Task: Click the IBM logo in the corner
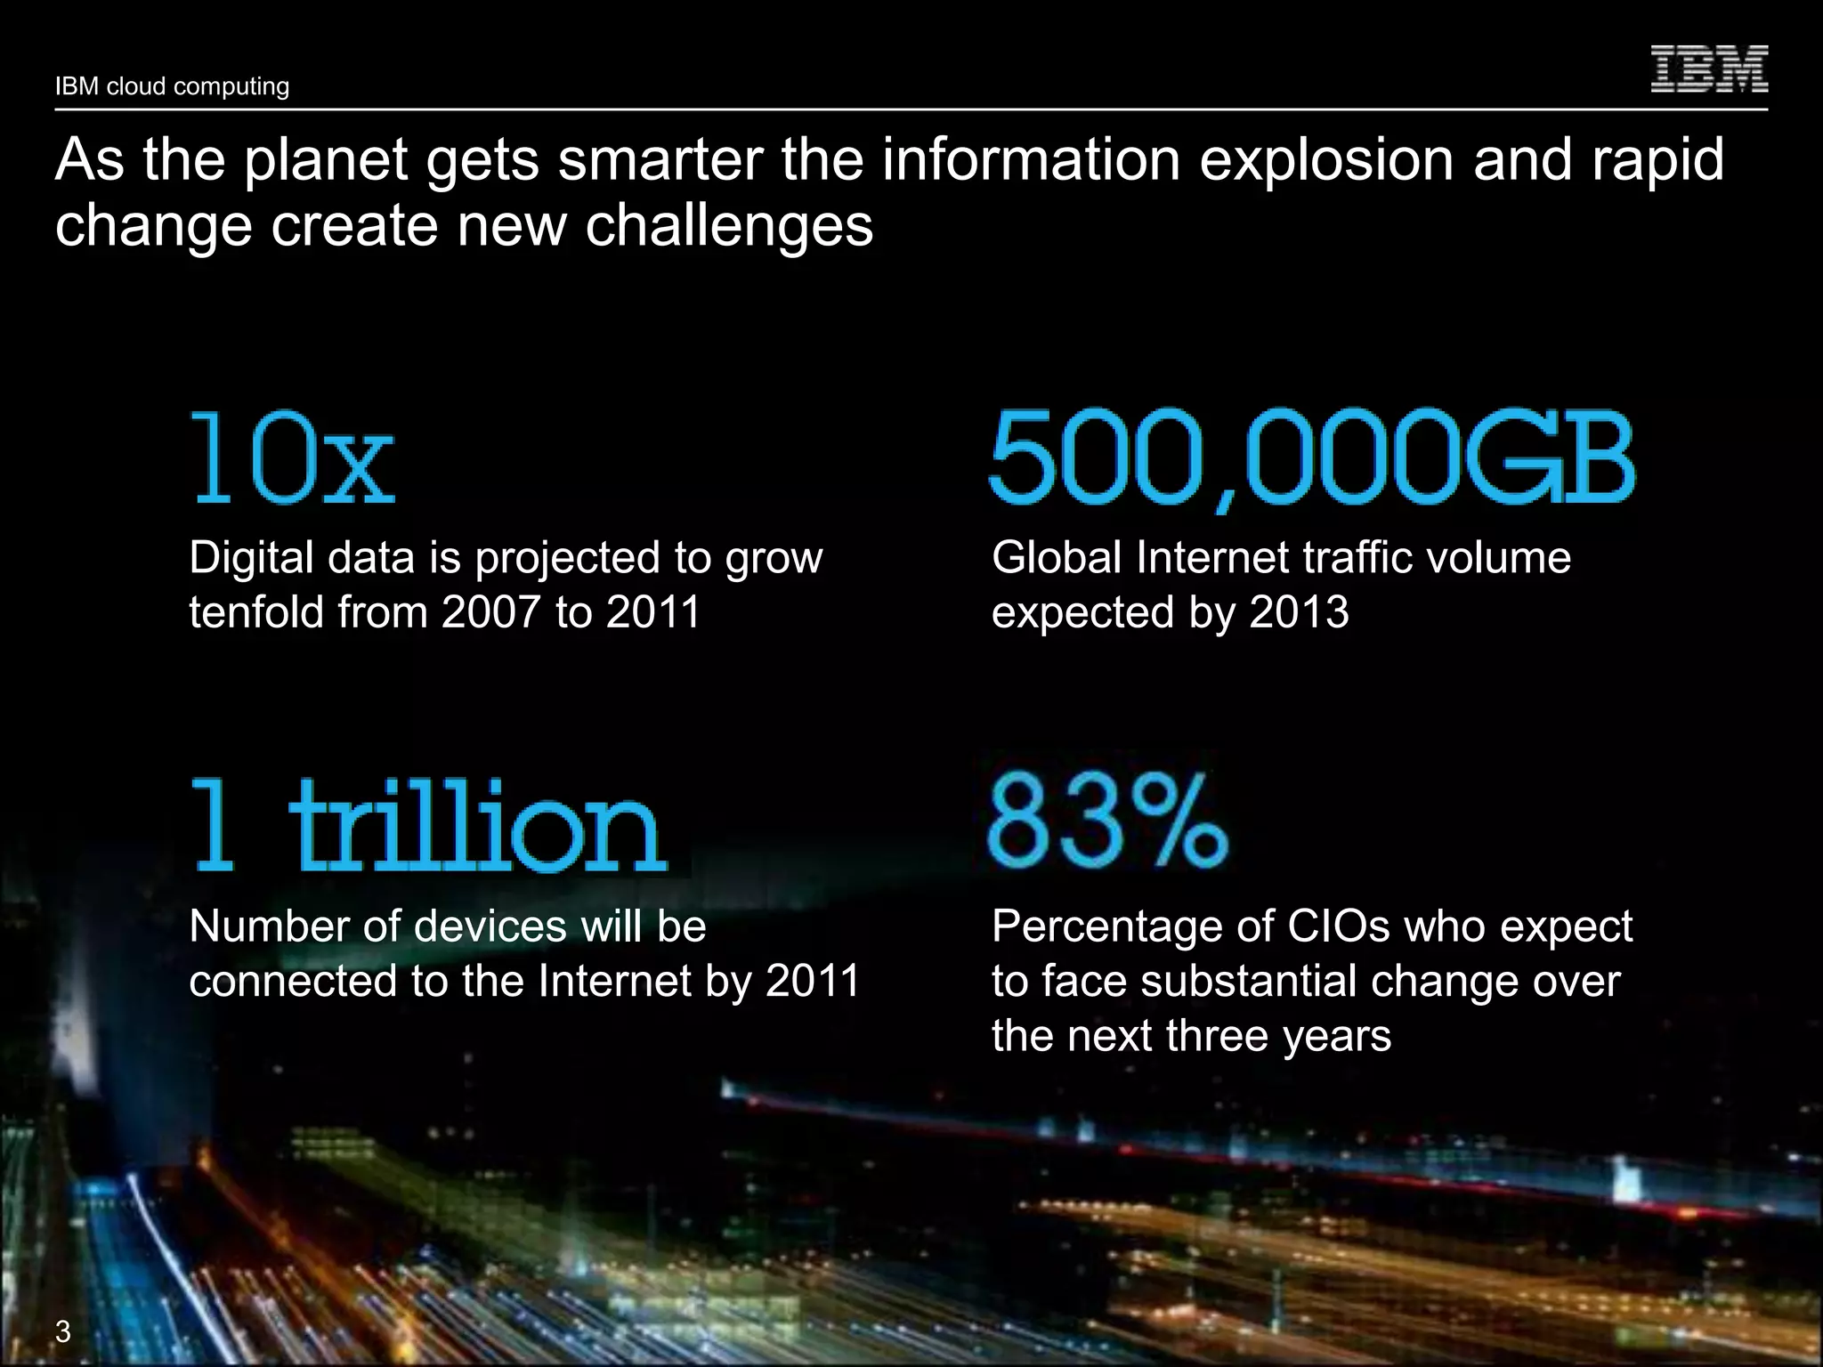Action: tap(1709, 69)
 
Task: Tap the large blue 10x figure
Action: tap(293, 457)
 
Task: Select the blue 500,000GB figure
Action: tap(1311, 457)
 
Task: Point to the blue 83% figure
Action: tap(1107, 821)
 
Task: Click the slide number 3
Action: tap(63, 1332)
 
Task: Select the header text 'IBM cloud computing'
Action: tap(172, 86)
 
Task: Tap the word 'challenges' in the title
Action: tap(729, 226)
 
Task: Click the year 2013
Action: tap(1299, 612)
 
